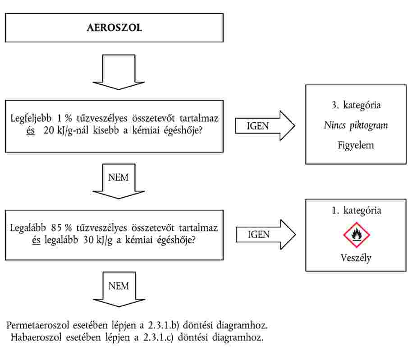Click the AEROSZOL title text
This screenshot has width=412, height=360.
point(114,28)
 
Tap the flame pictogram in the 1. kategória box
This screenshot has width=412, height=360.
point(356,235)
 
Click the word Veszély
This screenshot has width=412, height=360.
point(356,258)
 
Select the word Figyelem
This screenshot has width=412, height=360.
point(356,145)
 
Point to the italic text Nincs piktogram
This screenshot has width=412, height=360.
point(356,125)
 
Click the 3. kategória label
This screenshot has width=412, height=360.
point(356,105)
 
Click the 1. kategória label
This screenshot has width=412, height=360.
point(356,210)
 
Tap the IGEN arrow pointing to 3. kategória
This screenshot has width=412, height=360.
point(265,126)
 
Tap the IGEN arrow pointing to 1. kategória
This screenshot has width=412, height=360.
point(266,235)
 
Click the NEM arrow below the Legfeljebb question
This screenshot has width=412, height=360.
point(119,181)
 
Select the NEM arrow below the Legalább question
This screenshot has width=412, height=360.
point(119,289)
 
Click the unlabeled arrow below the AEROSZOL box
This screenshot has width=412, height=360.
point(119,72)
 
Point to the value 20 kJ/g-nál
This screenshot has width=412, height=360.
point(66,130)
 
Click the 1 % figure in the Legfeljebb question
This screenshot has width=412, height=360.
point(64,118)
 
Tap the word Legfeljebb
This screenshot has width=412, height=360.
point(31,119)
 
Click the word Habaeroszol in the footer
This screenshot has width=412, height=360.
point(36,337)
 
